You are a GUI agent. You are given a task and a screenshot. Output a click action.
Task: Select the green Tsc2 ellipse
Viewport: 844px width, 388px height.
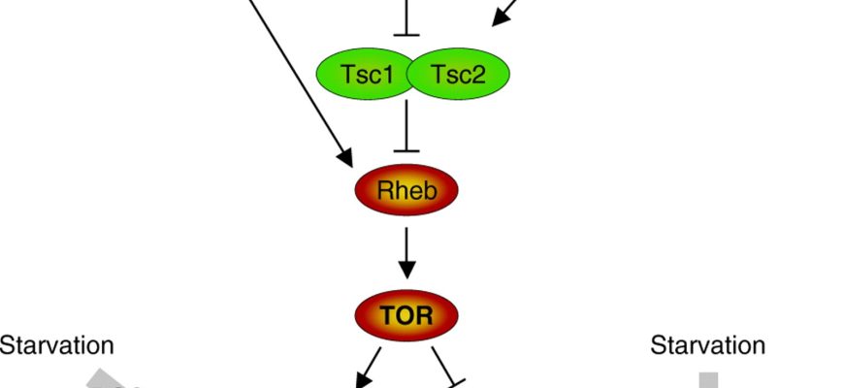point(458,75)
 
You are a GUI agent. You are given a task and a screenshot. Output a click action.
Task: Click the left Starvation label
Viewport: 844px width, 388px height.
point(56,345)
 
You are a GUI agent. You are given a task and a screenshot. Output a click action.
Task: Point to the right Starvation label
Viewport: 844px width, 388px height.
point(707,345)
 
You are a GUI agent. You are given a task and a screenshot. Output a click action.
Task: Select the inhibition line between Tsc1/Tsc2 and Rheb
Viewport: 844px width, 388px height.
point(406,125)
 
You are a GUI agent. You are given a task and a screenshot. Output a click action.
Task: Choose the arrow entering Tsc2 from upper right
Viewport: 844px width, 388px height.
point(505,13)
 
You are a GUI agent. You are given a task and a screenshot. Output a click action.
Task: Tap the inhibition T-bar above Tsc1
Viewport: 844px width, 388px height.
point(406,34)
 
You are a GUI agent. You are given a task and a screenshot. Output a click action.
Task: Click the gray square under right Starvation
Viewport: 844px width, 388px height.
point(709,380)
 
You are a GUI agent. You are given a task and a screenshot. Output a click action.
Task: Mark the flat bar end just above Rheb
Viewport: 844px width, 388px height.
point(406,150)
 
